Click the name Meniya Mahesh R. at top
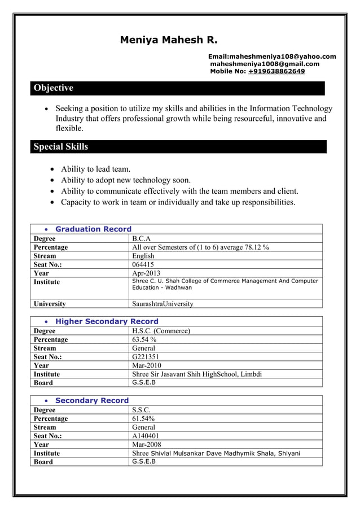pos(168,40)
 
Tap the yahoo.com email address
pos(272,56)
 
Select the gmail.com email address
pos(265,64)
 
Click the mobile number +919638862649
pos(276,72)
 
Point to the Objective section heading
pos(54,88)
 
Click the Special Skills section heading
pos(61,147)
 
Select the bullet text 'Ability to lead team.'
pos(95,169)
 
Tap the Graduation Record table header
pos(93,229)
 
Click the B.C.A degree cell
pos(141,238)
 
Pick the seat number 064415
pos(143,264)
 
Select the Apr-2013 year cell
pos(146,273)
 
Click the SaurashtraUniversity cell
pos(163,304)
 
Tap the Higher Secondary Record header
pos(107,321)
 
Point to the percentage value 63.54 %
pos(144,339)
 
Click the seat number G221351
pos(146,357)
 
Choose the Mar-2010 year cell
pos(146,365)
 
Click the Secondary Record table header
pos(92,400)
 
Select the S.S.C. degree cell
pos(141,410)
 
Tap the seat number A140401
pos(146,436)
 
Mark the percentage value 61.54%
pos(143,419)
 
